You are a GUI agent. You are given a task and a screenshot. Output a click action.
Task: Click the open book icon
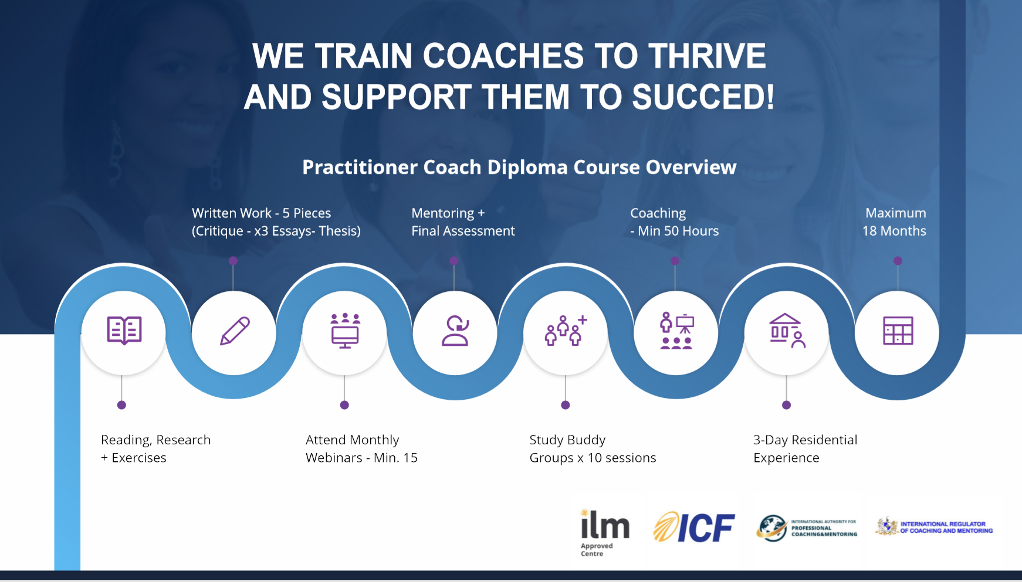coord(124,331)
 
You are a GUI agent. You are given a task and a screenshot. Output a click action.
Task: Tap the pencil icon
coord(235,331)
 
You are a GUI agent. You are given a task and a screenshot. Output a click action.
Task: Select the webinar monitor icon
coord(345,331)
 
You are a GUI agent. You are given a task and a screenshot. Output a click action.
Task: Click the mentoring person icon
coord(455,331)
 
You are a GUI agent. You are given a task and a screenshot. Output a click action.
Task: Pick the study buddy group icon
coord(566,331)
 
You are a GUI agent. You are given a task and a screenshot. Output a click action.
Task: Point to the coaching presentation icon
coord(676,331)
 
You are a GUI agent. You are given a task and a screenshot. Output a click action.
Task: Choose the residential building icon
coord(787,331)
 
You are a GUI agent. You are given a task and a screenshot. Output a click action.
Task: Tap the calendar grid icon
coord(898,331)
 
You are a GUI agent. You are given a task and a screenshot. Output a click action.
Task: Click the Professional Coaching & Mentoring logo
coord(807,527)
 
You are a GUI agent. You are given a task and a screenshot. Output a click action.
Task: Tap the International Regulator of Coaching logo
coord(934,527)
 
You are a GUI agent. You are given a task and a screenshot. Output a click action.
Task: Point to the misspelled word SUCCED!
coord(703,97)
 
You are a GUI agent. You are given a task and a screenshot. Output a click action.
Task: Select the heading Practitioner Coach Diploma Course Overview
coord(519,168)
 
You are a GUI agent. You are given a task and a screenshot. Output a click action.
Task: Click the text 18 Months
coord(894,231)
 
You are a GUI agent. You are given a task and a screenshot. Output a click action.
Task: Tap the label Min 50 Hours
coord(678,231)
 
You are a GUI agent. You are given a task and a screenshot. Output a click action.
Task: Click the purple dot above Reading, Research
coord(121,405)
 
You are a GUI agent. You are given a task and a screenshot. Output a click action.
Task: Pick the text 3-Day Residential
coord(805,440)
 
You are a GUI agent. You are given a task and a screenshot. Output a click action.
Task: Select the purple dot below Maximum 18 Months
coord(898,261)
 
